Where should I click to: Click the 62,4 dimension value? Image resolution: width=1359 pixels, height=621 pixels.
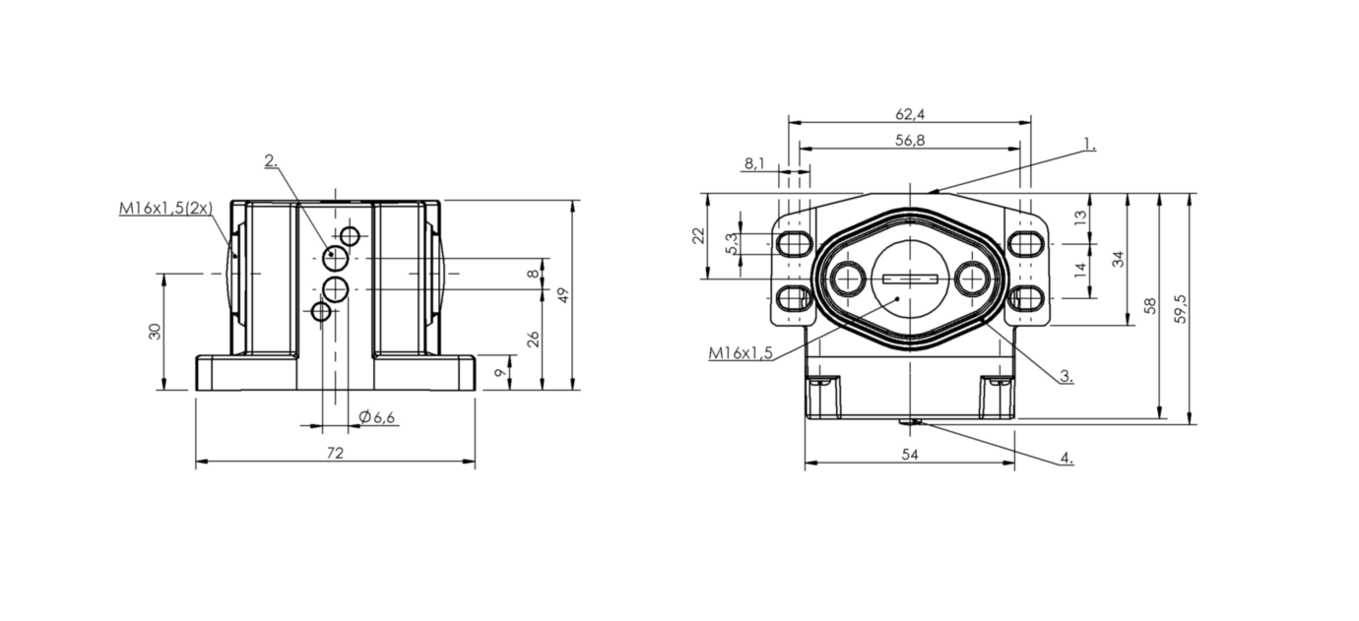point(910,114)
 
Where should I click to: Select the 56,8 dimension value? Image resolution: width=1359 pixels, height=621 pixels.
point(910,140)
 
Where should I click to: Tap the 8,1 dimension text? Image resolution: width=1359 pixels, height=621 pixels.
point(754,163)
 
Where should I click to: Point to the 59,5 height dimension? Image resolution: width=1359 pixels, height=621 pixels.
point(1180,309)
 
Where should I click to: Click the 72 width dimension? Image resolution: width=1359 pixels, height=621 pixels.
point(335,453)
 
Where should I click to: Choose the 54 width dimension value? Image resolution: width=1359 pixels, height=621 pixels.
point(910,455)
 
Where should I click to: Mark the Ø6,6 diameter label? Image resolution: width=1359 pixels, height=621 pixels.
point(377,416)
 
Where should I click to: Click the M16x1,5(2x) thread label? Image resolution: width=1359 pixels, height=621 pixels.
point(165,208)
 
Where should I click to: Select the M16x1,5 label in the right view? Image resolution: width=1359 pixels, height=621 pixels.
point(741,352)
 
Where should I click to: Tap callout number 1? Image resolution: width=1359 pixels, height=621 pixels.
point(1090,145)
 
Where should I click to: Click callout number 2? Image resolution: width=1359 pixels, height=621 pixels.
point(271,160)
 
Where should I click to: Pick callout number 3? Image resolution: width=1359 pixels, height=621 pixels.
point(1067,376)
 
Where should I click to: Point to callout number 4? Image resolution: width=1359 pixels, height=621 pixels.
point(1067,458)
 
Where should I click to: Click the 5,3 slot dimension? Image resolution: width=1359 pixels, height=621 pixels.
point(732,244)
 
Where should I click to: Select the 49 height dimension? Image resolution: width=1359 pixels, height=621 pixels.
point(563,295)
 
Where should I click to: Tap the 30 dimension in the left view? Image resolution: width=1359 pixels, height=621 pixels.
point(156,331)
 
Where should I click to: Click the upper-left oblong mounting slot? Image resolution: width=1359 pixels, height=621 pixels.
point(794,244)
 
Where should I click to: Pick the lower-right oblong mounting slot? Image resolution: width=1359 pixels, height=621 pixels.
point(1026,298)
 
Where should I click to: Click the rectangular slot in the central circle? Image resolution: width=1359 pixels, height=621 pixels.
point(910,279)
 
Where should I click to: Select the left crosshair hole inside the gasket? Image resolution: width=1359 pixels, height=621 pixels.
point(848,279)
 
